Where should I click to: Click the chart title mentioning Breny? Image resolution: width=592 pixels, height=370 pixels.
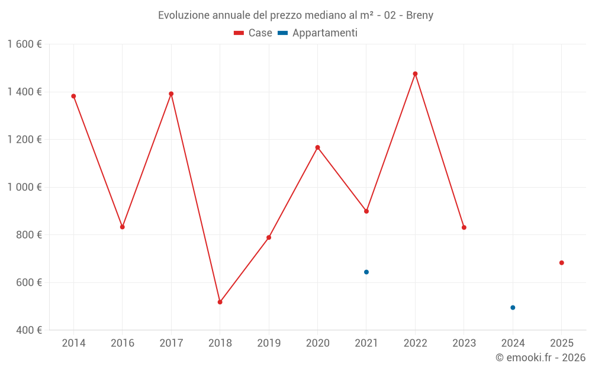(x=295, y=15)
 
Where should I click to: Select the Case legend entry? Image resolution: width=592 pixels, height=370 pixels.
(x=253, y=33)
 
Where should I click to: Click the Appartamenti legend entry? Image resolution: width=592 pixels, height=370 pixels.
(x=318, y=33)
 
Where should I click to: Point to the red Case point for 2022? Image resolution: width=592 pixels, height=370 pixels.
(x=415, y=74)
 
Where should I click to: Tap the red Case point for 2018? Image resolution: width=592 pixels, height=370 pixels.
(x=220, y=302)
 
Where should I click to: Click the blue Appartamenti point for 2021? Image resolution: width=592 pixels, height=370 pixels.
(x=366, y=272)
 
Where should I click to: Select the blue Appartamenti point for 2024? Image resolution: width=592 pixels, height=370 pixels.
(x=513, y=308)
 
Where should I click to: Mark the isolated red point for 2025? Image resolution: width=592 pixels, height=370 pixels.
(x=562, y=263)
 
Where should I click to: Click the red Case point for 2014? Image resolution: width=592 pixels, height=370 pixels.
(x=73, y=96)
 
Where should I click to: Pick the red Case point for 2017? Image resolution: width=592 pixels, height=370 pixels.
(x=171, y=94)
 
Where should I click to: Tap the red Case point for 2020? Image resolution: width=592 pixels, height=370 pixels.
(x=317, y=147)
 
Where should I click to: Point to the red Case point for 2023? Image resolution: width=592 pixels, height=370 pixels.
(x=464, y=227)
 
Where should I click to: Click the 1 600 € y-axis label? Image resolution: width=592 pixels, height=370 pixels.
(x=24, y=44)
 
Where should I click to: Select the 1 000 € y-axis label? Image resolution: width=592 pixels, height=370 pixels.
(x=24, y=187)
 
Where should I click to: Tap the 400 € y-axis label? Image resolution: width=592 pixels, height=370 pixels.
(x=28, y=330)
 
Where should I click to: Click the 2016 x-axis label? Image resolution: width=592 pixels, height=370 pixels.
(x=123, y=343)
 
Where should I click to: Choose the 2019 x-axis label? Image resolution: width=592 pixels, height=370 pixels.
(x=269, y=343)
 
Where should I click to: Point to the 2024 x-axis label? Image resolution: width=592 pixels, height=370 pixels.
(x=513, y=343)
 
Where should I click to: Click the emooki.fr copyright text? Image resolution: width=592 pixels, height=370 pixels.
(x=540, y=358)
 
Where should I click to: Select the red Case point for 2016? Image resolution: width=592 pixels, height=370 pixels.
(x=123, y=227)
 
